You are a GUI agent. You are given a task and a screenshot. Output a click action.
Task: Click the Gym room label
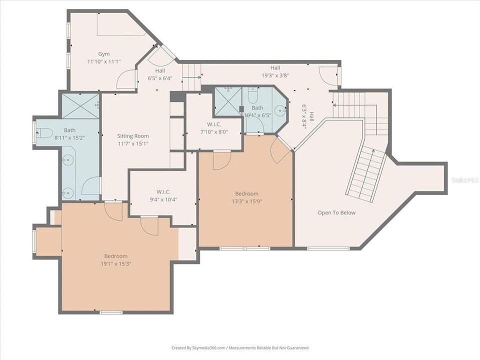[x=103, y=54]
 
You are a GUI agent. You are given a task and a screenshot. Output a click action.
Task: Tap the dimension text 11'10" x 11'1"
[x=103, y=61]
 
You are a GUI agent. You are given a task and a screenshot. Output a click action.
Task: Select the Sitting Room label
[x=132, y=136]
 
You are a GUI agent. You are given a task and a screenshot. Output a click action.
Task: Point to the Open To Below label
[x=336, y=212]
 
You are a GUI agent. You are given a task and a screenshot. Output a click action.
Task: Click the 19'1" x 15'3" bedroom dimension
[x=115, y=263]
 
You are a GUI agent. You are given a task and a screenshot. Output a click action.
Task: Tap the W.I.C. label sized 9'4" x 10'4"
[x=163, y=191]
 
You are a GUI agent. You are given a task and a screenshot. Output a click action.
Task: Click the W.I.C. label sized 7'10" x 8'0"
[x=214, y=124]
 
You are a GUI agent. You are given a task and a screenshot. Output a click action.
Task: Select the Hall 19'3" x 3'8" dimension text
[x=275, y=75]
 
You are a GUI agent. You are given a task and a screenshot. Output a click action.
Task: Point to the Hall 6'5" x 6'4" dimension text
[x=159, y=78]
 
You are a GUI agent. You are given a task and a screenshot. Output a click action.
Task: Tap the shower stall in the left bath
[x=80, y=106]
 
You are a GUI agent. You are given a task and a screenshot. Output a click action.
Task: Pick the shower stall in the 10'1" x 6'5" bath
[x=227, y=101]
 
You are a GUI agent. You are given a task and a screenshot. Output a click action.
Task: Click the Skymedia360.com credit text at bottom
[x=239, y=347]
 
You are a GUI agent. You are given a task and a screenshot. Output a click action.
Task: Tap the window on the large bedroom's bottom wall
[x=111, y=312]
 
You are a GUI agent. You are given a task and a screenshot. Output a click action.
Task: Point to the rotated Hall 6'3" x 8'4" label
[x=307, y=116]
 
